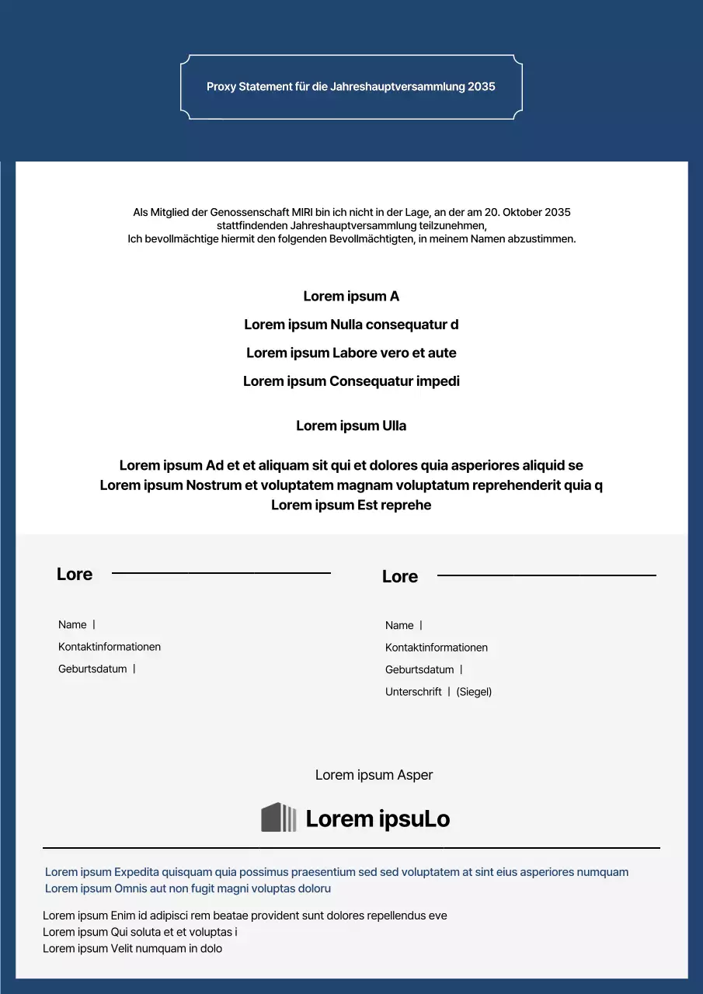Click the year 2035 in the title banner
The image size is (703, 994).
[x=481, y=87]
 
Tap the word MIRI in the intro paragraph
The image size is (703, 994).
[x=302, y=212]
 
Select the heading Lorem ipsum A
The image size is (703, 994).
[x=351, y=296]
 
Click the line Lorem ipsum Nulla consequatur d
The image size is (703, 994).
[x=351, y=325]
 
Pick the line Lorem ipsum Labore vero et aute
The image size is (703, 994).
[x=351, y=353]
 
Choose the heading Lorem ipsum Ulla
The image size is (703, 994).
[x=351, y=426]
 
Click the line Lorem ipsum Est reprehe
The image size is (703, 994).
[x=351, y=505]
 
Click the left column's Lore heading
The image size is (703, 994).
[x=75, y=575]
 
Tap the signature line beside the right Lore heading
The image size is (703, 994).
[x=546, y=575]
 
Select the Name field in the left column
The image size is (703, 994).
[x=72, y=624]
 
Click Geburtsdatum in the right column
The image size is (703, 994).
[x=419, y=669]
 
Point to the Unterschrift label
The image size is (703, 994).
[x=413, y=691]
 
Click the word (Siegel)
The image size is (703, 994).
[x=474, y=691]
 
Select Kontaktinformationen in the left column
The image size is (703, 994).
[x=110, y=647]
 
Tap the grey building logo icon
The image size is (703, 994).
[x=278, y=818]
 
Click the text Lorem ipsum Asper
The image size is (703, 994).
[x=374, y=775]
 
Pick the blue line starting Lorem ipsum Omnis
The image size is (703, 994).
[x=188, y=888]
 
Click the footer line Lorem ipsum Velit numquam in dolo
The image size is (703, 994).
[x=132, y=948]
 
